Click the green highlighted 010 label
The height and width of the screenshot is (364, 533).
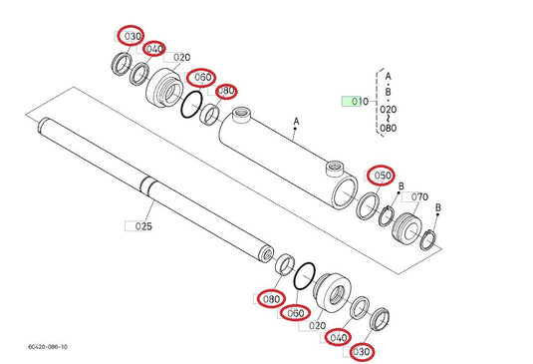pyautogui.click(x=354, y=102)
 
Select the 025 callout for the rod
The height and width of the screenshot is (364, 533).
pyautogui.click(x=142, y=226)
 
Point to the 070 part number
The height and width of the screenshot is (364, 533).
pyautogui.click(x=419, y=197)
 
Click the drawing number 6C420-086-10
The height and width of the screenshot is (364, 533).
pyautogui.click(x=42, y=347)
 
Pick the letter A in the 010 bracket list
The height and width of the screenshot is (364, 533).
pyautogui.click(x=388, y=76)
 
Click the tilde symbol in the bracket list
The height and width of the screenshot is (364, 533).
pyautogui.click(x=388, y=118)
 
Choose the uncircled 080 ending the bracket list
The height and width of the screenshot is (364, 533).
pyautogui.click(x=388, y=128)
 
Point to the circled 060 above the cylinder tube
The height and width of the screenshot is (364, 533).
pyautogui.click(x=203, y=77)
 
